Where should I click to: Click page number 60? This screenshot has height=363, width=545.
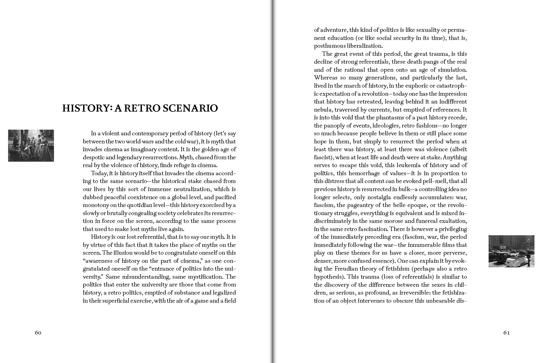(38, 333)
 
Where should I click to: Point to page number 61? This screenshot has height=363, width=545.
(506, 333)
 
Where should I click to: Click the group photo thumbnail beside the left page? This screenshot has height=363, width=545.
(31, 146)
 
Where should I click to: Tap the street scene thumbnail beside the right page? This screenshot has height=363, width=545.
(511, 251)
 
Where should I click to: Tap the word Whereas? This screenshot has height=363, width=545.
(326, 78)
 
